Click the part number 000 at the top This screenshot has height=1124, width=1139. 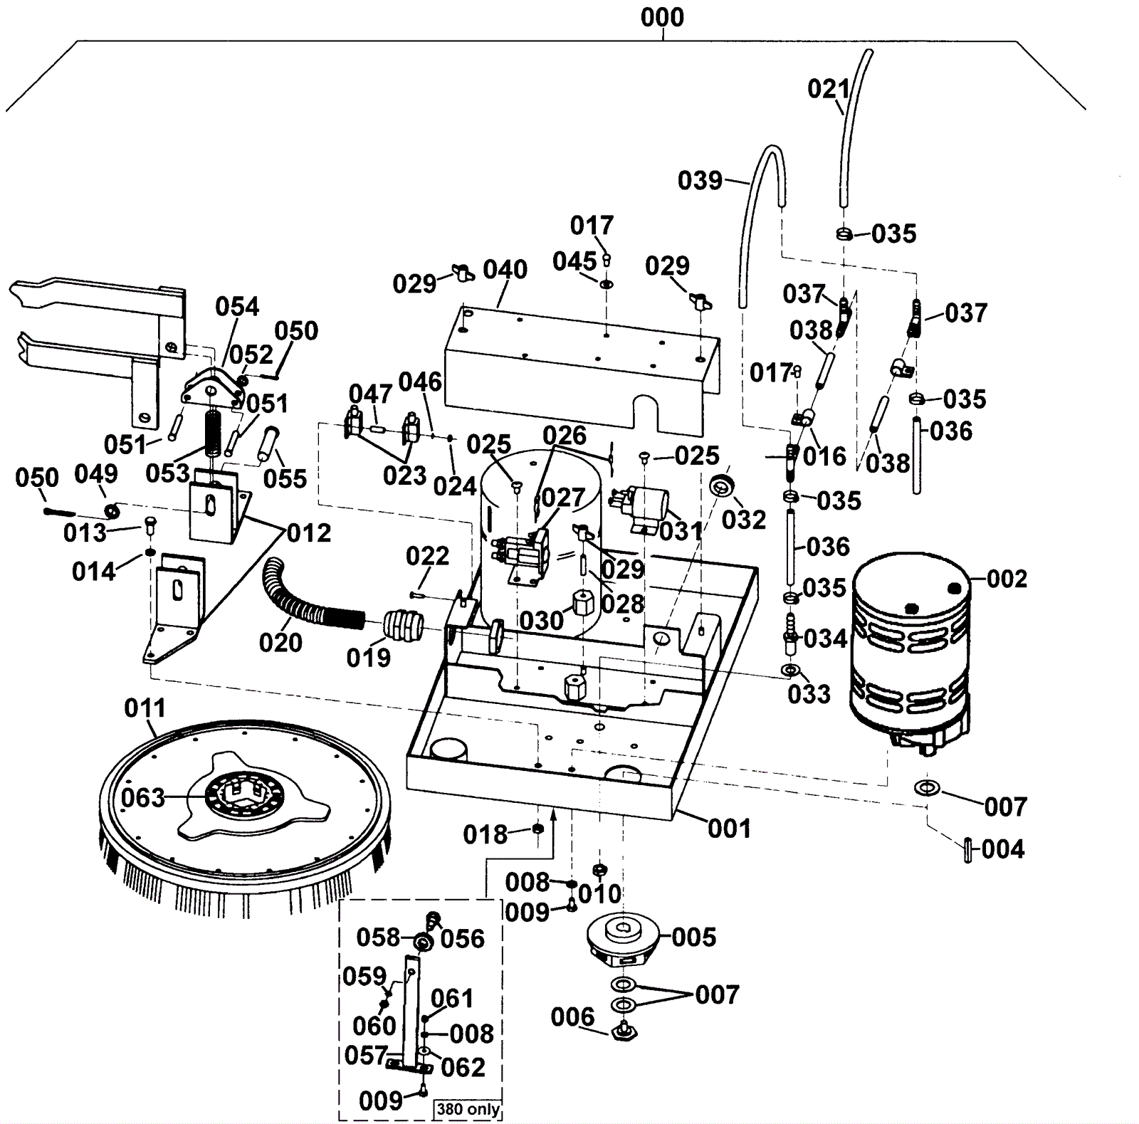pyautogui.click(x=662, y=17)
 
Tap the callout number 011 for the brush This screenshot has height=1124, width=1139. pyautogui.click(x=145, y=708)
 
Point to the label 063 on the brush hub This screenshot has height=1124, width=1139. pyautogui.click(x=142, y=798)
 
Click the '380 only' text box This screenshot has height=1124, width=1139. pyautogui.click(x=468, y=1109)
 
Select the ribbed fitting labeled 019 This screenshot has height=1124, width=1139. pyautogui.click(x=404, y=625)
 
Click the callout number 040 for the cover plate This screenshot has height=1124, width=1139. pyautogui.click(x=505, y=270)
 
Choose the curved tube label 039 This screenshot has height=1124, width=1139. pyautogui.click(x=700, y=181)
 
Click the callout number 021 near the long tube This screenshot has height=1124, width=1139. pyautogui.click(x=829, y=90)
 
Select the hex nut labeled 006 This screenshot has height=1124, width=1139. pyautogui.click(x=624, y=1030)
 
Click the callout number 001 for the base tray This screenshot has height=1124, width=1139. pyautogui.click(x=729, y=829)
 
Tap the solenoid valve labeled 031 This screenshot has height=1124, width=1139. pyautogui.click(x=648, y=507)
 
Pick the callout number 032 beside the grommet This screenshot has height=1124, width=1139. pyautogui.click(x=743, y=520)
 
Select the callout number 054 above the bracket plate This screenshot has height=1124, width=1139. pyautogui.click(x=237, y=307)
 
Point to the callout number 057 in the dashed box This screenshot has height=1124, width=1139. pyautogui.click(x=366, y=1055)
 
